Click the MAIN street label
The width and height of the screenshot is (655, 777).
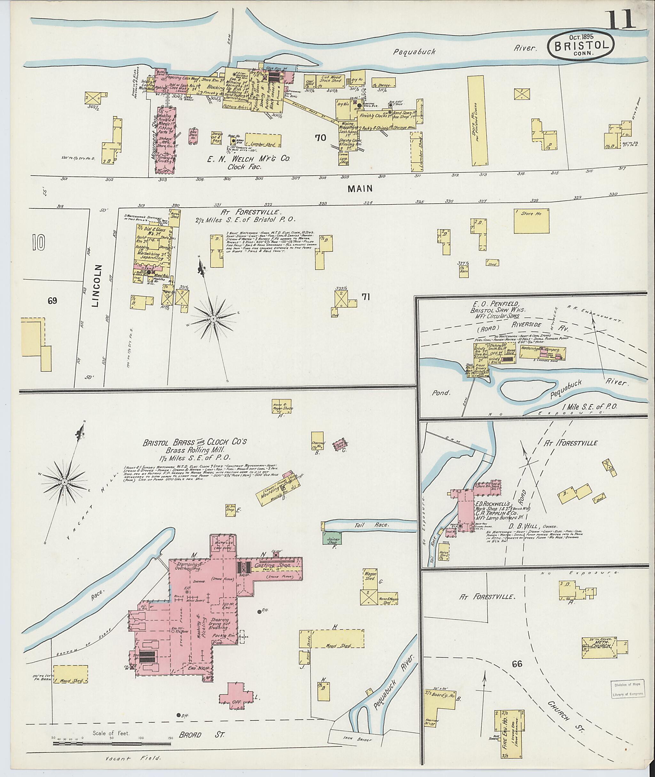(x=360, y=189)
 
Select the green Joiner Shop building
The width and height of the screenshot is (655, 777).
(x=332, y=539)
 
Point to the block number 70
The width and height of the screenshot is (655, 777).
(x=320, y=138)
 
